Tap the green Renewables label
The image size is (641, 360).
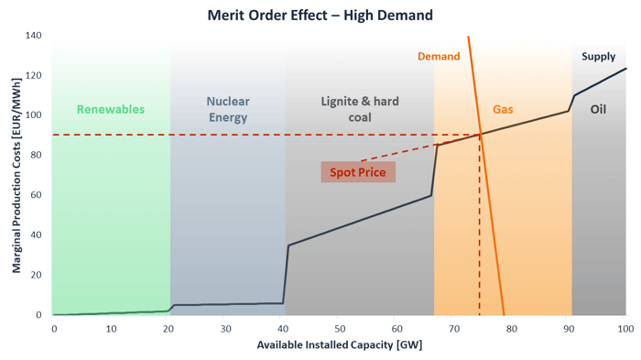click(x=110, y=109)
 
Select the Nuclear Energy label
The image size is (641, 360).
click(x=227, y=109)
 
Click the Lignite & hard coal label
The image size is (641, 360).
click(x=360, y=109)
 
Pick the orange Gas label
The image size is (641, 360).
click(x=503, y=109)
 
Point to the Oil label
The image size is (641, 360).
click(x=598, y=109)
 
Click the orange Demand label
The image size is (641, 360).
click(x=439, y=57)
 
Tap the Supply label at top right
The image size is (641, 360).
click(x=599, y=57)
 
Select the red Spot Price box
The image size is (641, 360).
click(x=358, y=172)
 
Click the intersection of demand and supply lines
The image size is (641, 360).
click(x=481, y=135)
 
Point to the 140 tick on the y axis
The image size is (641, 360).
click(x=33, y=36)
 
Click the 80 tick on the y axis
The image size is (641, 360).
click(x=36, y=156)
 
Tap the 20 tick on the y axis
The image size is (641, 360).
click(x=36, y=275)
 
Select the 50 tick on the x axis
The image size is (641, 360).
click(x=339, y=327)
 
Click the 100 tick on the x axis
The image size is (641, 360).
click(x=625, y=327)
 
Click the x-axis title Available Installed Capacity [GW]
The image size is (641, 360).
click(x=339, y=345)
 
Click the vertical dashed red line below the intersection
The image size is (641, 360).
click(x=480, y=229)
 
